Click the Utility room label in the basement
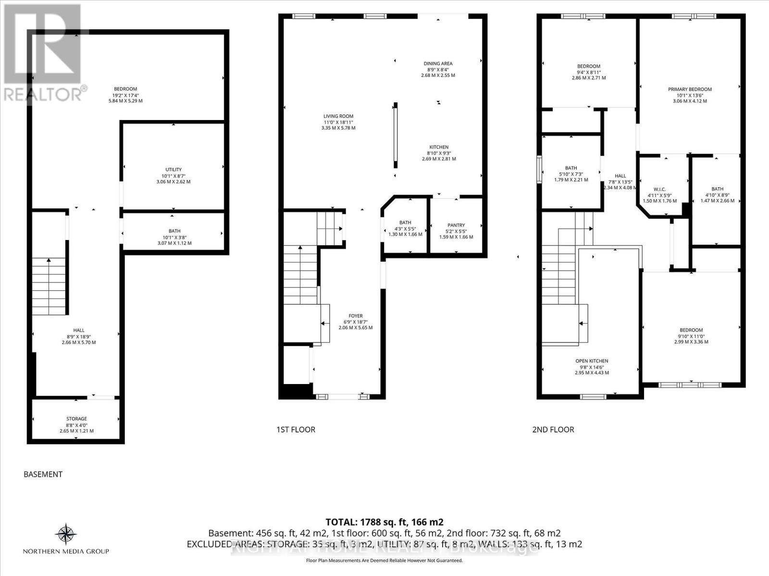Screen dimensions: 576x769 (174, 169)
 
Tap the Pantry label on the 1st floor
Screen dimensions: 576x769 (456, 225)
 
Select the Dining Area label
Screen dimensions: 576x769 (438, 63)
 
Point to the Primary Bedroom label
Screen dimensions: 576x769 (690, 89)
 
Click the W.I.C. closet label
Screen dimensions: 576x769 (659, 189)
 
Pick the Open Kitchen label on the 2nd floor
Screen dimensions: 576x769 (592, 361)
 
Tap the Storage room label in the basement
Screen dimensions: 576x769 (76, 419)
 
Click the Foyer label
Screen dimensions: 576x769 (356, 316)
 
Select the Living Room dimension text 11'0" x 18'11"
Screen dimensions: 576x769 (338, 122)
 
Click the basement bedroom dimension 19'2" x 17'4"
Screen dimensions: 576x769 (125, 95)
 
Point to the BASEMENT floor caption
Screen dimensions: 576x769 (43, 474)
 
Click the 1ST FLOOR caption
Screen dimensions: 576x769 (296, 430)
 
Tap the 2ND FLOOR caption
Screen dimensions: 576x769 (553, 430)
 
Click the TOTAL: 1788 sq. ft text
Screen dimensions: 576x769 (384, 522)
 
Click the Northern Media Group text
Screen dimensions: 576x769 (66, 552)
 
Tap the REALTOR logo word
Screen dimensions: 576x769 (43, 95)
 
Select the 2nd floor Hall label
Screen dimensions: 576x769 (620, 176)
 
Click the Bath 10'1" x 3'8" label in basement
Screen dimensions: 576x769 (174, 231)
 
